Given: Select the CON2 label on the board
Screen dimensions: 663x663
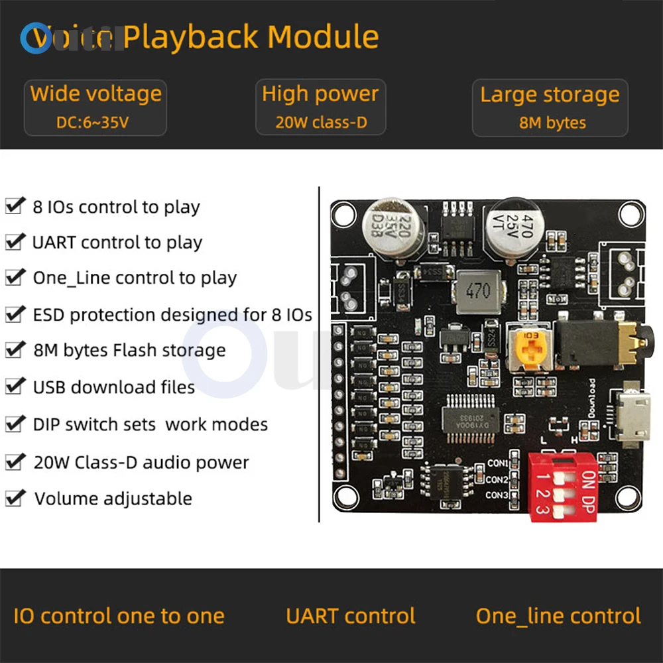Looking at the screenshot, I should tap(497, 479).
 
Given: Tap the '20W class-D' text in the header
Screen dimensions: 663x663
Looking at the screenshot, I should tap(321, 123).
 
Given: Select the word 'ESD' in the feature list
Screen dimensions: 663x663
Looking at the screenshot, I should tap(49, 314).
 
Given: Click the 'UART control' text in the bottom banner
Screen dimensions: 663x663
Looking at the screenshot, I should tap(351, 616).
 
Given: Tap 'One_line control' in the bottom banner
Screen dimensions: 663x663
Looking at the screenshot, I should tap(558, 616).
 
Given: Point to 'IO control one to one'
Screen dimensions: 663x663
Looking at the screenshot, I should tap(119, 616).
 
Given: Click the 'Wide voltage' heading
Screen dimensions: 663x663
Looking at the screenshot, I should tap(96, 93).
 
